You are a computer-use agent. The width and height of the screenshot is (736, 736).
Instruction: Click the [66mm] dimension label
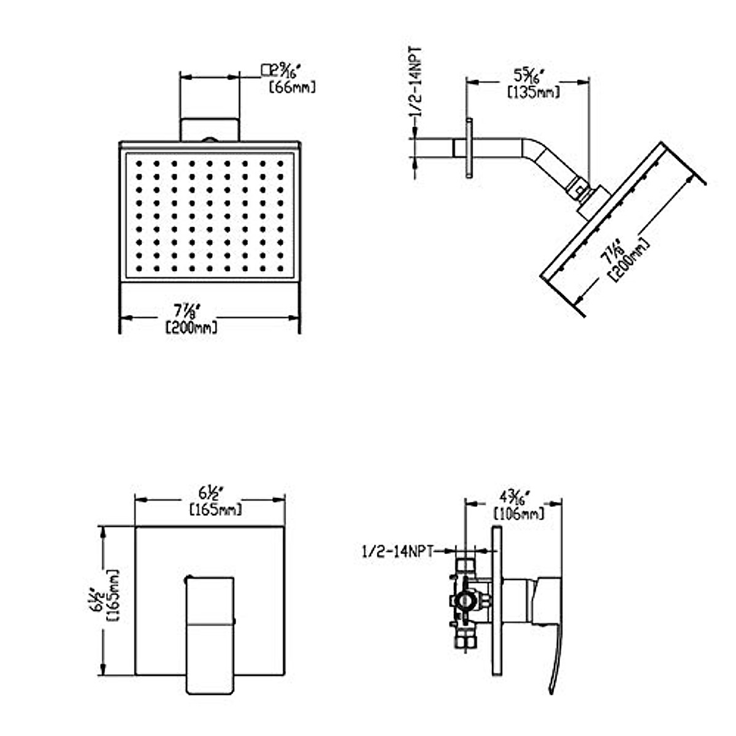[x=293, y=88]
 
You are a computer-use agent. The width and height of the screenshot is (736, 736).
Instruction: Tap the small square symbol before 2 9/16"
[x=266, y=69]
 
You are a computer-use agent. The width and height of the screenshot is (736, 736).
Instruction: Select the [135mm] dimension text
[x=533, y=93]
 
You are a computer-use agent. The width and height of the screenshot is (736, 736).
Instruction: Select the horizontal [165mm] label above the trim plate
[x=215, y=509]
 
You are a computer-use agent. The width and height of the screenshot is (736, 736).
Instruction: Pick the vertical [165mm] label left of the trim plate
[x=112, y=596]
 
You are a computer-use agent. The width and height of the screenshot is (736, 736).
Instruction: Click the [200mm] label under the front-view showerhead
[x=192, y=328]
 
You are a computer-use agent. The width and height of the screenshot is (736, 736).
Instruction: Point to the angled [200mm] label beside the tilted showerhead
[x=629, y=258]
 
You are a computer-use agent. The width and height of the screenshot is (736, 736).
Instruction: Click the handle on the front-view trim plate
[x=210, y=632]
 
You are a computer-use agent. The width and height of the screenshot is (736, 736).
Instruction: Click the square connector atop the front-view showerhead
[x=209, y=129]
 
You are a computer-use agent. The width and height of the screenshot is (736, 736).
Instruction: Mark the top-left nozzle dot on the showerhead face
[x=139, y=164]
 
